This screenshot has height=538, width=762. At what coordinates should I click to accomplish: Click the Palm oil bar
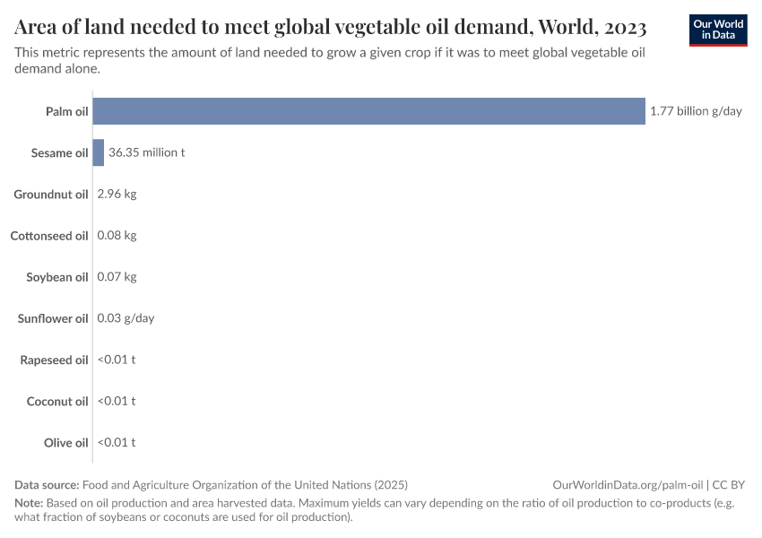pyautogui.click(x=368, y=111)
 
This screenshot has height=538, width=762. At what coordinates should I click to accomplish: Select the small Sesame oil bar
pyautogui.click(x=99, y=152)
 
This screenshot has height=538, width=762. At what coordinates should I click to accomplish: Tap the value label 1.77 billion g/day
pyautogui.click(x=696, y=111)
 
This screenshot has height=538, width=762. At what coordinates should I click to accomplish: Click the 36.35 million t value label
pyautogui.click(x=146, y=152)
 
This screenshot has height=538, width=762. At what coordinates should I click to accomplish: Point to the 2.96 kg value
pyautogui.click(x=117, y=194)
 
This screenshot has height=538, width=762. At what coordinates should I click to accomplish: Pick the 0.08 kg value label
pyautogui.click(x=117, y=235)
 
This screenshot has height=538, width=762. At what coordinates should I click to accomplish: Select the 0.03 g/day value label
pyautogui.click(x=126, y=317)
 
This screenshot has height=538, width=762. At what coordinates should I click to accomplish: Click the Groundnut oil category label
pyautogui.click(x=50, y=194)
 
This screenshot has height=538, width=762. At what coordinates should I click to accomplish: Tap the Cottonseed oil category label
pyautogui.click(x=48, y=235)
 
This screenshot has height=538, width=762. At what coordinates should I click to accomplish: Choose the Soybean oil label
pyautogui.click(x=56, y=277)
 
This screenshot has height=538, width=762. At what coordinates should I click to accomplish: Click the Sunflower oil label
pyautogui.click(x=52, y=318)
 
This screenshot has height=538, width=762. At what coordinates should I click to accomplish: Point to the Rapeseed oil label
pyautogui.click(x=54, y=360)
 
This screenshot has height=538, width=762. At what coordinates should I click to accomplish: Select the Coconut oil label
pyautogui.click(x=57, y=401)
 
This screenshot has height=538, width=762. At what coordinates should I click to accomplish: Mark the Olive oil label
pyautogui.click(x=65, y=442)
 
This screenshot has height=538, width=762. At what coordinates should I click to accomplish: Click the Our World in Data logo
pyautogui.click(x=717, y=30)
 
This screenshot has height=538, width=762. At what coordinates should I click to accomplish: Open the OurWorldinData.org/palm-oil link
pyautogui.click(x=628, y=484)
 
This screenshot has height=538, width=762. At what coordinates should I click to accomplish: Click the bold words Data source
pyautogui.click(x=47, y=484)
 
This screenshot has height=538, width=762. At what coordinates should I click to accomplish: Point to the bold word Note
pyautogui.click(x=29, y=502)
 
